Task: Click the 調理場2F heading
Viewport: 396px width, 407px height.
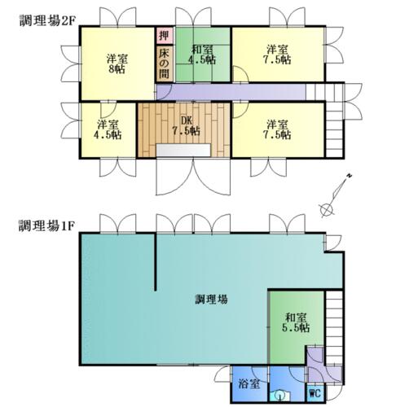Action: [x=46, y=20]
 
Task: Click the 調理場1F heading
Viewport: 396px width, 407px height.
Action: [x=46, y=225]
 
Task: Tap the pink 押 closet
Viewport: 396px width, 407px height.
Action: [x=165, y=36]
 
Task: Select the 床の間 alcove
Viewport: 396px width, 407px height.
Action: [x=165, y=63]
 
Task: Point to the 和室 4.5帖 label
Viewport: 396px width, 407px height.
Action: [x=202, y=55]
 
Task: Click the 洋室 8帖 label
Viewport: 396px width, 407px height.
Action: [x=117, y=64]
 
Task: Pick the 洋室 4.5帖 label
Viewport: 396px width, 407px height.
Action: [x=108, y=130]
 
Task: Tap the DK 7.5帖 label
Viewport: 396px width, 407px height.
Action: [x=187, y=126]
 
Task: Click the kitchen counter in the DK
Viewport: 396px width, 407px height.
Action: [x=183, y=150]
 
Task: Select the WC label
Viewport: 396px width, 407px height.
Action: [x=315, y=393]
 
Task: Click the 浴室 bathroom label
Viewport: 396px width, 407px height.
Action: [x=249, y=383]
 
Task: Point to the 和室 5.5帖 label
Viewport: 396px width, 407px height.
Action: [x=296, y=322]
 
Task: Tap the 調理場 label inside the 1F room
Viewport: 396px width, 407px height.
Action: [x=211, y=300]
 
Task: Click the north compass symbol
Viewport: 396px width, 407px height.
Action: [x=336, y=195]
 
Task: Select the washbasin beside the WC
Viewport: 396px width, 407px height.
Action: [x=279, y=396]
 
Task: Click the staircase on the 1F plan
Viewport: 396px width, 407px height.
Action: [x=334, y=328]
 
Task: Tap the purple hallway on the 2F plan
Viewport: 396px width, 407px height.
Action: [x=231, y=92]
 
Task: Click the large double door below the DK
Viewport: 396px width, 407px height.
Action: [x=193, y=177]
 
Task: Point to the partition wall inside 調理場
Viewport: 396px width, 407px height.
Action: [x=156, y=262]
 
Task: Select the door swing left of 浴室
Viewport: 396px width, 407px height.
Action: [x=222, y=373]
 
